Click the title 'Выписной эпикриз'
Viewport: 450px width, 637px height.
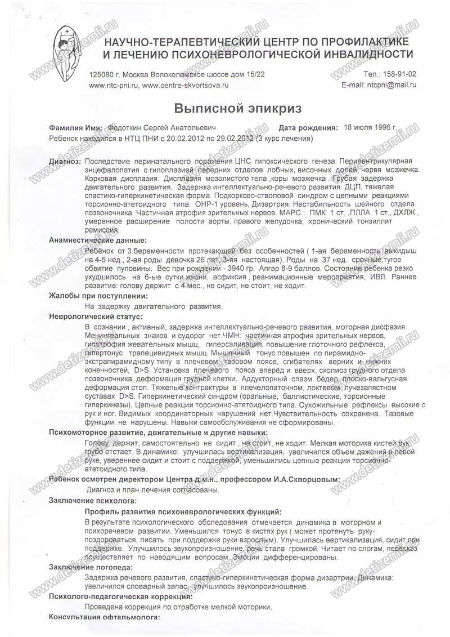[x=224, y=108]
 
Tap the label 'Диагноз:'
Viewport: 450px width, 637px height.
[x=65, y=162]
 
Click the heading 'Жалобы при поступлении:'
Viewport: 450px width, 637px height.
[x=98, y=296]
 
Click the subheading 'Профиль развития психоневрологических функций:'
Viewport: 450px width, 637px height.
[x=182, y=511]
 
